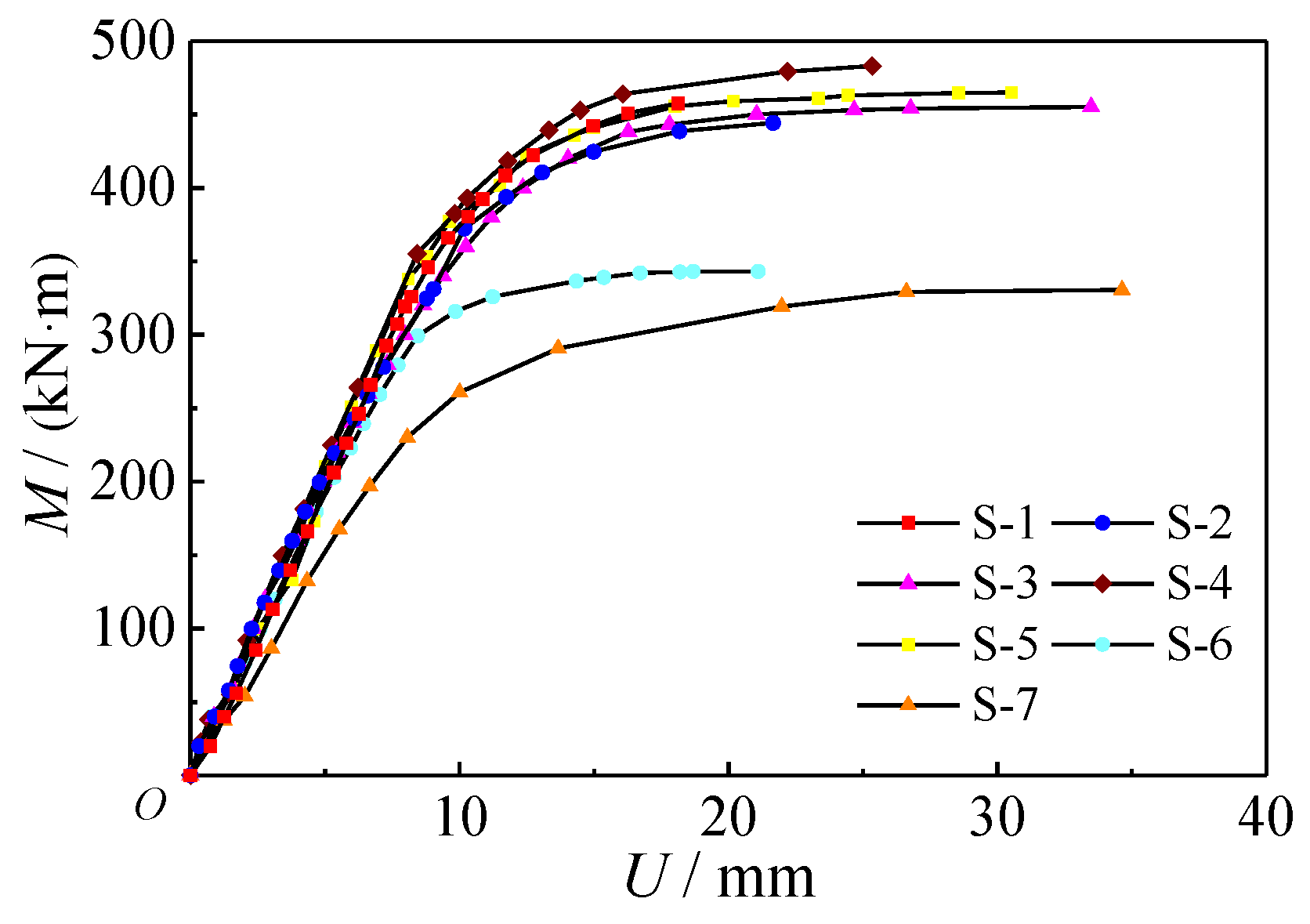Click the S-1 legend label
(x=1004, y=523)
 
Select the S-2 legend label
(x=1200, y=523)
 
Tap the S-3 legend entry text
(x=1004, y=583)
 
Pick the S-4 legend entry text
(x=1200, y=583)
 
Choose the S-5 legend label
(x=1004, y=644)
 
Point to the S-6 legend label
(x=1200, y=644)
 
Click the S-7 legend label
(x=1004, y=705)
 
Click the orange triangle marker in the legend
(x=908, y=704)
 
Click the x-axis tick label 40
(x=1265, y=817)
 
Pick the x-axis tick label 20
(x=729, y=817)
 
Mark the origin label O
(x=150, y=806)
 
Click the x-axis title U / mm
(x=719, y=877)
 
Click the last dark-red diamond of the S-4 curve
(x=872, y=67)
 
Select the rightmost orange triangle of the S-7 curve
(x=1122, y=289)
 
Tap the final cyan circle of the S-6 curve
(x=758, y=272)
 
